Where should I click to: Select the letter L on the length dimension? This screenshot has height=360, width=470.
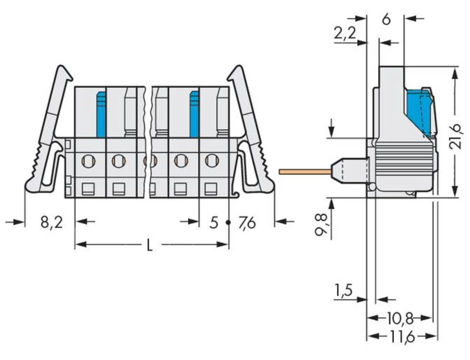click(x=149, y=245)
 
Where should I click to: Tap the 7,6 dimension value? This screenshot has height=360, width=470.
click(x=247, y=222)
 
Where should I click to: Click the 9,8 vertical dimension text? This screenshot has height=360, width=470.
click(x=321, y=226)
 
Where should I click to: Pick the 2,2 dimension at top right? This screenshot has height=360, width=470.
click(x=345, y=34)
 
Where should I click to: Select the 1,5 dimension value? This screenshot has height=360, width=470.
click(x=344, y=291)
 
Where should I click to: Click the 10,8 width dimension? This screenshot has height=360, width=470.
click(x=399, y=319)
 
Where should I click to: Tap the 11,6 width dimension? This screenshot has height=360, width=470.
click(x=400, y=337)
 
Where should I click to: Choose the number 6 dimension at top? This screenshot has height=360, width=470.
click(x=386, y=19)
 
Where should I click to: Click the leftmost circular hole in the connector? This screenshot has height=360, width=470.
click(x=88, y=162)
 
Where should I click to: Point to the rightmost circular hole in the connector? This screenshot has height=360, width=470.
click(x=211, y=161)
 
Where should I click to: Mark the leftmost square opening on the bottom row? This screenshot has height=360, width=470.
click(x=88, y=189)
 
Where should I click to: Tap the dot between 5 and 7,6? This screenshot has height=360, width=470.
click(x=228, y=222)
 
